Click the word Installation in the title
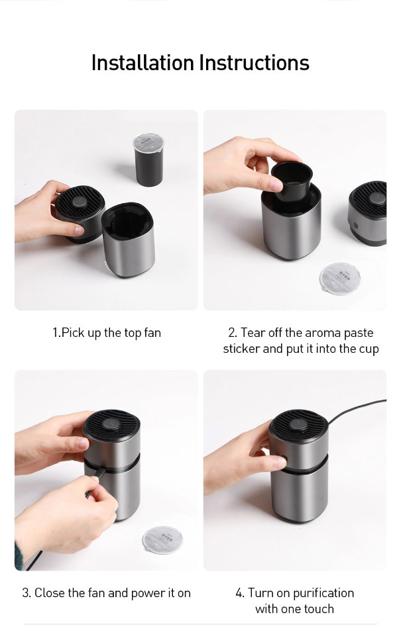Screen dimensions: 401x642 click(143, 63)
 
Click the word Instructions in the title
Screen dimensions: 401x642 click(255, 63)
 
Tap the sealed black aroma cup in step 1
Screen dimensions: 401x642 click(149, 160)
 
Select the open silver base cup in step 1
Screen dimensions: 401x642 click(129, 240)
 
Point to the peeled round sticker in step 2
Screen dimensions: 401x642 click(340, 279)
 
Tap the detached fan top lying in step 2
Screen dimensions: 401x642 click(367, 213)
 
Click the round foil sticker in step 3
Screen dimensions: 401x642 click(162, 540)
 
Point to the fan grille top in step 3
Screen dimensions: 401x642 click(111, 425)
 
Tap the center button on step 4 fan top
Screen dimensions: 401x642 click(298, 424)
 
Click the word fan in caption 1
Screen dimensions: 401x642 click(152, 332)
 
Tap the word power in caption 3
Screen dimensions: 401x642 click(148, 593)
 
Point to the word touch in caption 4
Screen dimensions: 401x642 click(319, 609)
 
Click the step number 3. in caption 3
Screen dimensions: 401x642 click(27, 593)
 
